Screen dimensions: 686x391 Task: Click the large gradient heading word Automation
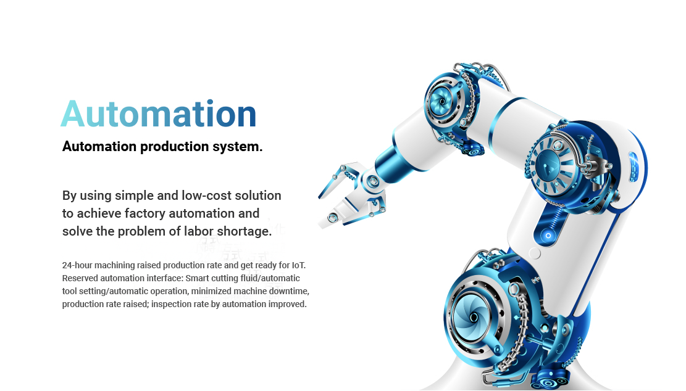[x=158, y=113]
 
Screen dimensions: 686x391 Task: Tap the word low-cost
[x=206, y=196]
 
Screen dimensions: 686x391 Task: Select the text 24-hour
[x=77, y=265]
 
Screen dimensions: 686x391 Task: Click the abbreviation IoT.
[x=298, y=265]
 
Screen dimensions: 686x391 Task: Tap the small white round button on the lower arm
[x=535, y=253]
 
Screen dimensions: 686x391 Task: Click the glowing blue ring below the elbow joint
[x=548, y=236]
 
